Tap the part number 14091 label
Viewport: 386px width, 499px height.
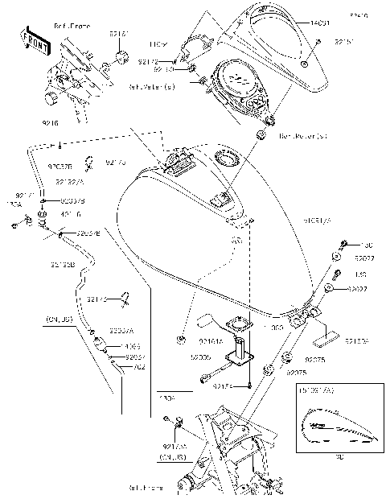click(x=320, y=24)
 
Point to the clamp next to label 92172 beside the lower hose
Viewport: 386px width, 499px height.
click(x=125, y=302)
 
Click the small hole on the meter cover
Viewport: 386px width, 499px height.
click(x=306, y=64)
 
